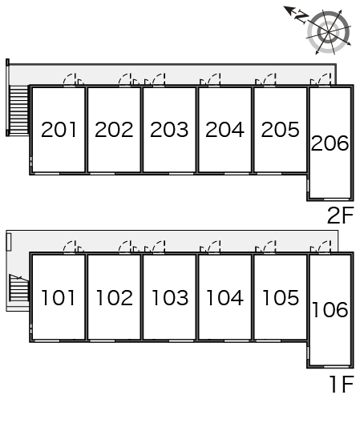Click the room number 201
pos(59,130)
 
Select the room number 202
pos(114,130)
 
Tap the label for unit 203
pos(169,130)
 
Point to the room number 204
pos(224,130)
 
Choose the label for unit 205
pos(281,130)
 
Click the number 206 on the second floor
pos(330,143)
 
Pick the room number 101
pos(58,298)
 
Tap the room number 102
pos(115,298)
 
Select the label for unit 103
pos(170,298)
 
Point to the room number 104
pos(224,298)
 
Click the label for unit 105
pos(281,298)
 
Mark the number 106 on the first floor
pos(330,309)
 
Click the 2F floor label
pos(340,215)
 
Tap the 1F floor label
pos(342,384)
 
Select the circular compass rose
pos(329,32)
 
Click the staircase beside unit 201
pos(18,110)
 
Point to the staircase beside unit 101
pos(18,288)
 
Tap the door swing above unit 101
pos(73,247)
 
